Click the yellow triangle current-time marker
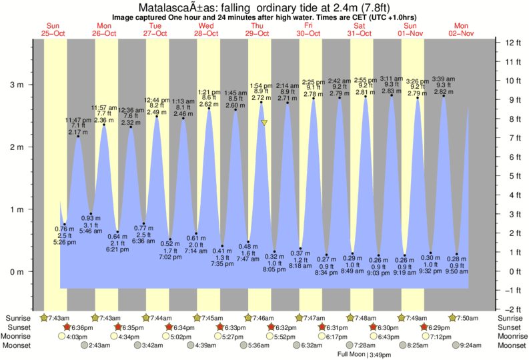(265, 123)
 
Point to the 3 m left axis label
(15, 85)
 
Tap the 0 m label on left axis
(15, 272)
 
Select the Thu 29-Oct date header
(257, 29)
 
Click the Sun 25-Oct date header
(53, 29)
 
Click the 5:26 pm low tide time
(64, 241)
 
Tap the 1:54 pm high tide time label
(260, 86)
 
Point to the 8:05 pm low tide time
(275, 271)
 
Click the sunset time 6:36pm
(83, 328)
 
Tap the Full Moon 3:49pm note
(363, 355)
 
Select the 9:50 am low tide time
(456, 272)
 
